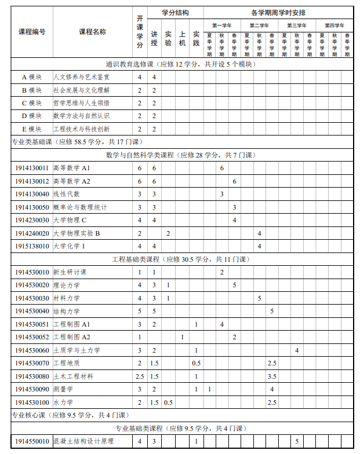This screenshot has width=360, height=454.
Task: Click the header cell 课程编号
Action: (32, 31)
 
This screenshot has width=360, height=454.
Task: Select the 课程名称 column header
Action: (92, 31)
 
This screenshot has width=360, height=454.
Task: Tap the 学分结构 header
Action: (174, 12)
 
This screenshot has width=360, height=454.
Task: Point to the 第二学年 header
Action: (259, 25)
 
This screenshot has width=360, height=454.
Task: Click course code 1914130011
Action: (32, 168)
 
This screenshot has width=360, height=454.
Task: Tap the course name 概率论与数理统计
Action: (80, 207)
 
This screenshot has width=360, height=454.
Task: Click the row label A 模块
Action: (32, 77)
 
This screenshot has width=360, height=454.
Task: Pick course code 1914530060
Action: (32, 350)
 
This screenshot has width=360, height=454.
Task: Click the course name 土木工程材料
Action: (73, 376)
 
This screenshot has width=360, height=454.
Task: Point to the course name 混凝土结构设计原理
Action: (83, 441)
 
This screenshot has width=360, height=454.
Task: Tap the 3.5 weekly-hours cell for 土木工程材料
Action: (272, 376)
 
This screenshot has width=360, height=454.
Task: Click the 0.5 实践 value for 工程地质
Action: (197, 363)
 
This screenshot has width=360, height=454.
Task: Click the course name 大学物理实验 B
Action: (77, 233)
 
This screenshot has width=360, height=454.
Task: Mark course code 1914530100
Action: (32, 402)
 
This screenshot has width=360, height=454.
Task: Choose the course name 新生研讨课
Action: (70, 272)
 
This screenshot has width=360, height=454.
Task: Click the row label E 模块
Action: (32, 129)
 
